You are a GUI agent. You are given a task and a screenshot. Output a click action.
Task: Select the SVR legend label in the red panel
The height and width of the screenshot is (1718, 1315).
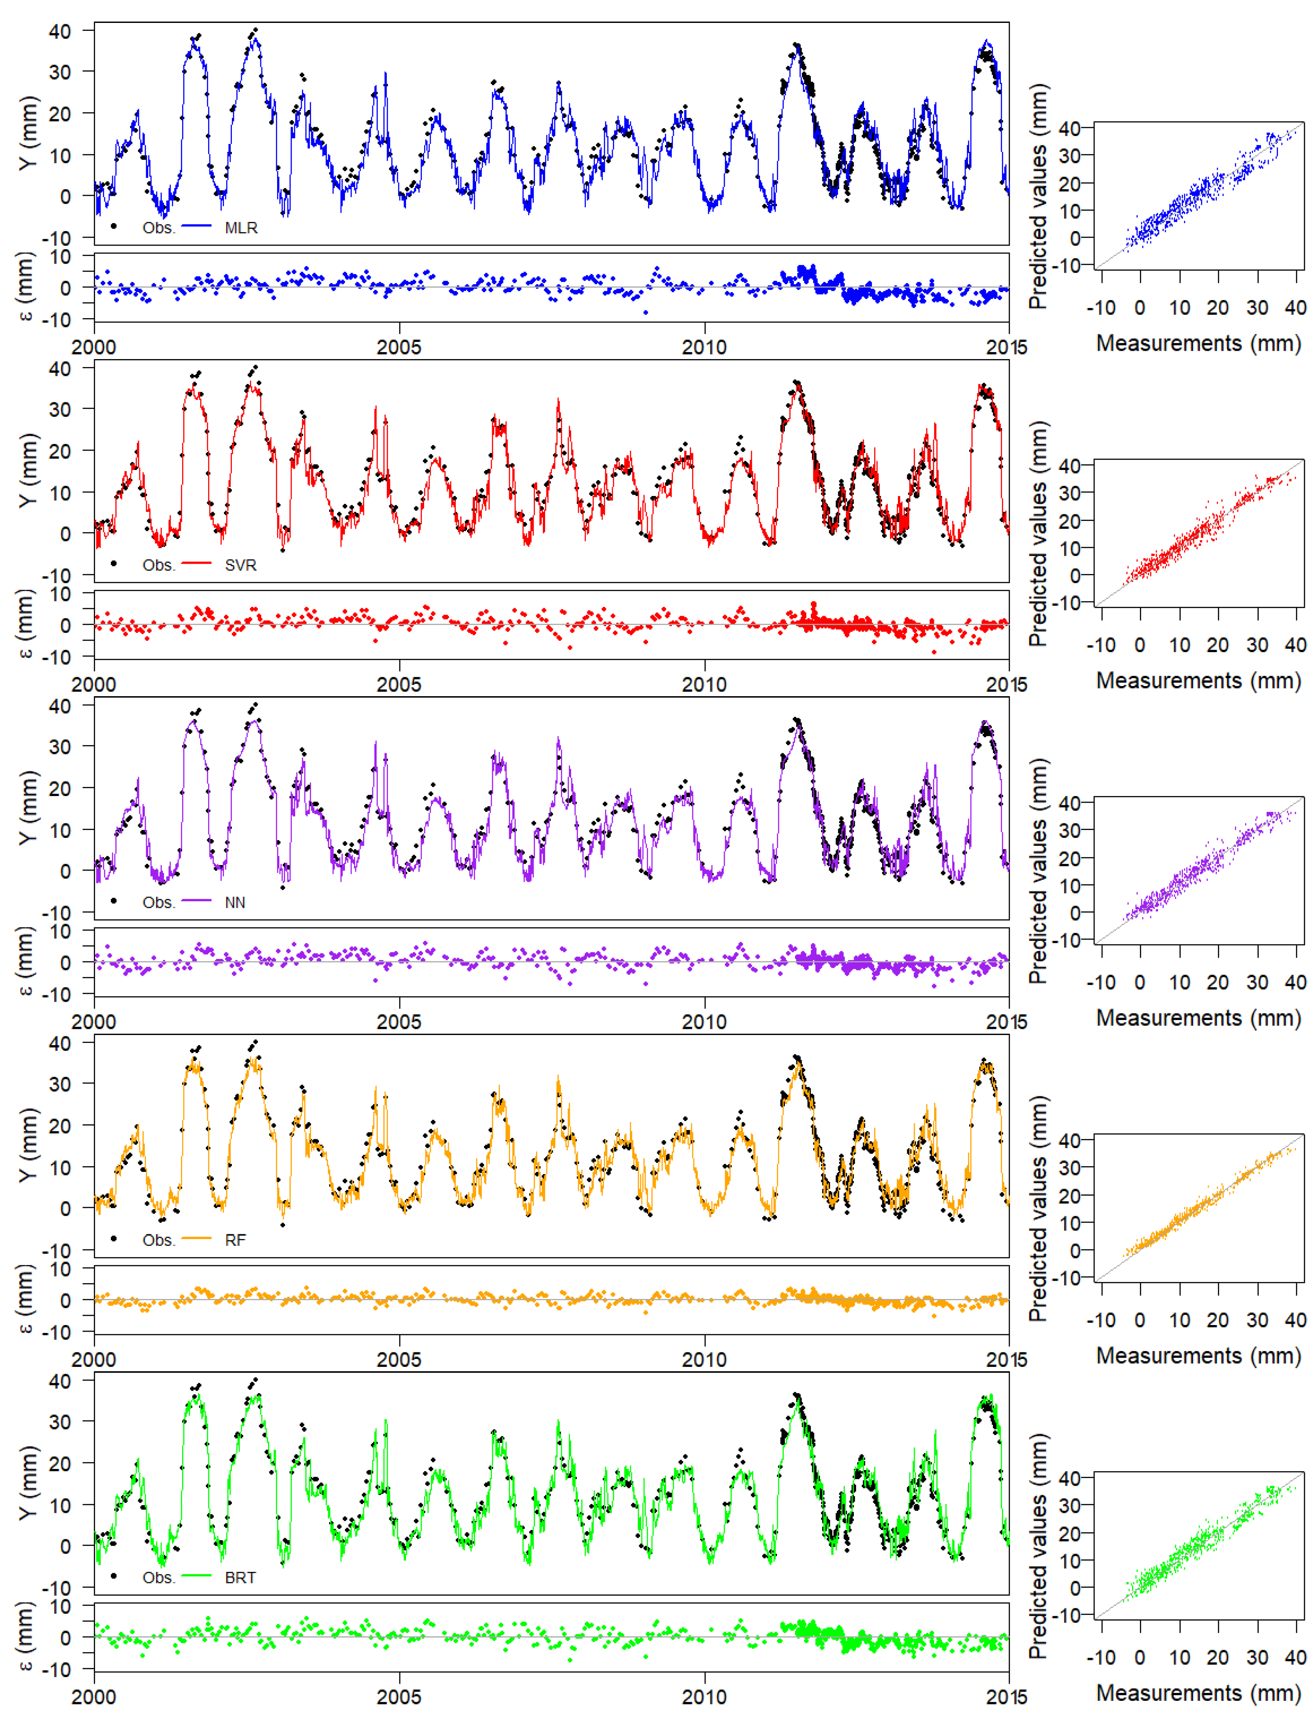pyautogui.click(x=240, y=565)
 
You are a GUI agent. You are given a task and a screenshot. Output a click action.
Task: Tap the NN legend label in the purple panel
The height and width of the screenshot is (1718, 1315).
pyautogui.click(x=235, y=903)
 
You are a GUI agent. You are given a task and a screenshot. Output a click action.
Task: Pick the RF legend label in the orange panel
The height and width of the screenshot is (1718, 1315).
pyautogui.click(x=235, y=1241)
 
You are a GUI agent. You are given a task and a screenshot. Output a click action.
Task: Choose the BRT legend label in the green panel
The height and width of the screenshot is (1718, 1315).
pyautogui.click(x=240, y=1578)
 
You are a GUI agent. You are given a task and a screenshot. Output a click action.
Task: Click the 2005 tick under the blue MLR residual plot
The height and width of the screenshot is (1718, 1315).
pyautogui.click(x=399, y=347)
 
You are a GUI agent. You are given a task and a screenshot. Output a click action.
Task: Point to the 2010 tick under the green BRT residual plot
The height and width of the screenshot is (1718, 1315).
pyautogui.click(x=704, y=1697)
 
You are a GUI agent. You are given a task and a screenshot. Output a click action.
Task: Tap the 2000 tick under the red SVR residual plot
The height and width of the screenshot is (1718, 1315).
pyautogui.click(x=94, y=684)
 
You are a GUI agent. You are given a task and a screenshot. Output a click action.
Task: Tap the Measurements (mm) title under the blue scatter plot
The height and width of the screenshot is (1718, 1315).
pyautogui.click(x=1198, y=343)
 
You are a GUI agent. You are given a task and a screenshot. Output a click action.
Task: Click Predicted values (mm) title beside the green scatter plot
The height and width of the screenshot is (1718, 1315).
pyautogui.click(x=1038, y=1546)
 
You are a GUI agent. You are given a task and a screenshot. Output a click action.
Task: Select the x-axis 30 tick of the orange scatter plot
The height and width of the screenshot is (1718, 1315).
pyautogui.click(x=1257, y=1320)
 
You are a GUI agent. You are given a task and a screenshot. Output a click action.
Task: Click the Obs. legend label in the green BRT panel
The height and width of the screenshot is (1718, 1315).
pyautogui.click(x=158, y=1578)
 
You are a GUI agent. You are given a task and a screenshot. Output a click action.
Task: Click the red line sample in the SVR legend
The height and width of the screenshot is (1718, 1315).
pyautogui.click(x=197, y=564)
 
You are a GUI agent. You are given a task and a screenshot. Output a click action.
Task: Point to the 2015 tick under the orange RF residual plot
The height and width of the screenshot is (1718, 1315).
pyautogui.click(x=1007, y=1359)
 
